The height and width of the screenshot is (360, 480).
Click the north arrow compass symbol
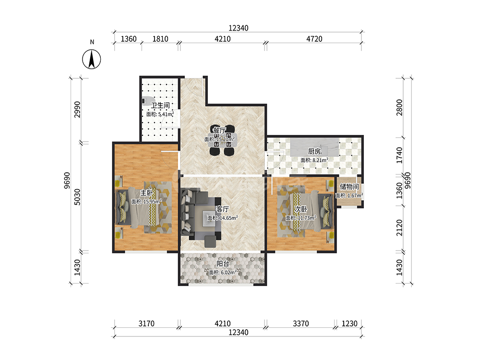(92, 59)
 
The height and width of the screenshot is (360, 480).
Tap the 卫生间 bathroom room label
(160, 105)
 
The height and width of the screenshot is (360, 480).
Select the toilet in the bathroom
(146, 101)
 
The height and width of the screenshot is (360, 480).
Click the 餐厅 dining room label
(219, 130)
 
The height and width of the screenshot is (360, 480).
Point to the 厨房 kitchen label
(314, 151)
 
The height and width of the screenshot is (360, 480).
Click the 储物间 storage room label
(349, 186)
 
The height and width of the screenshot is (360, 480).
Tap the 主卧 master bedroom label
(146, 192)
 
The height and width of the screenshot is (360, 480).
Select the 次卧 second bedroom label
(300, 209)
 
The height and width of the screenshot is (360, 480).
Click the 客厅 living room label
(223, 209)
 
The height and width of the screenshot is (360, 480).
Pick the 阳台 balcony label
(223, 263)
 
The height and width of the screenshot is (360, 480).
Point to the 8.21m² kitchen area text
(320, 160)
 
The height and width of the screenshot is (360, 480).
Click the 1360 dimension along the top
(129, 39)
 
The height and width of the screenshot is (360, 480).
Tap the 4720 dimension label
(314, 39)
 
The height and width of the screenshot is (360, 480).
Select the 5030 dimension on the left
(77, 197)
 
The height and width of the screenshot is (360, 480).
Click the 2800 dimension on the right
(399, 108)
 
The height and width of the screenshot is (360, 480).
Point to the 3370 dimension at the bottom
(301, 324)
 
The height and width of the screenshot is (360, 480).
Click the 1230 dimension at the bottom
(349, 324)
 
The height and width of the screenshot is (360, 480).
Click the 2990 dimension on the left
(77, 109)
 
